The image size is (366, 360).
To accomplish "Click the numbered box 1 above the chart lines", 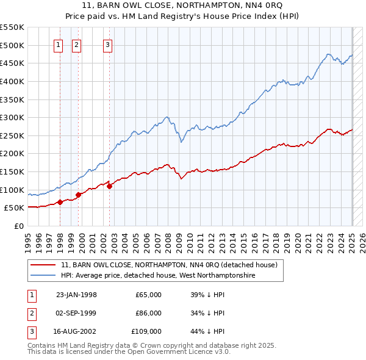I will click(x=58, y=45).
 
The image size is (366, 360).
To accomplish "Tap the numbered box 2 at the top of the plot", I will click(x=77, y=45).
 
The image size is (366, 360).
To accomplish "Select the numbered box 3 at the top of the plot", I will click(x=107, y=45).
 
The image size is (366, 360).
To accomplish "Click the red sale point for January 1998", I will click(x=60, y=202).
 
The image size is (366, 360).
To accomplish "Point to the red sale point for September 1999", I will click(x=78, y=195).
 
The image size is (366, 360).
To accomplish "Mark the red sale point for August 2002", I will click(x=110, y=186).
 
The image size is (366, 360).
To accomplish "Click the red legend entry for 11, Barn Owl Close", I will click(x=169, y=265).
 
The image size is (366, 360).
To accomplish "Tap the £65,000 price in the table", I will click(x=148, y=295).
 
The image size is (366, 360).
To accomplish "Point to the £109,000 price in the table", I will click(x=147, y=331).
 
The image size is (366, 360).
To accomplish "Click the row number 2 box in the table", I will click(x=30, y=313).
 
